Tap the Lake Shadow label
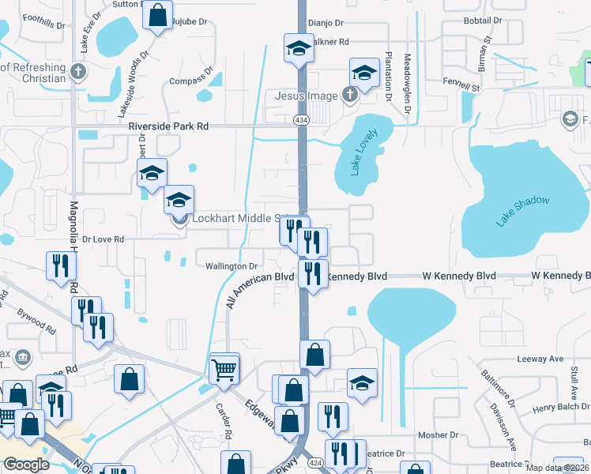coord(522,212)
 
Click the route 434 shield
coord(301,119)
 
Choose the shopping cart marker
coord(224,367)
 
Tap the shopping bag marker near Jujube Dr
coord(158,15)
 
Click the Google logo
coord(26,465)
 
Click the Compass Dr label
coord(193,79)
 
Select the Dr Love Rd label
coord(103,239)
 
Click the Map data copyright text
coord(559,468)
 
